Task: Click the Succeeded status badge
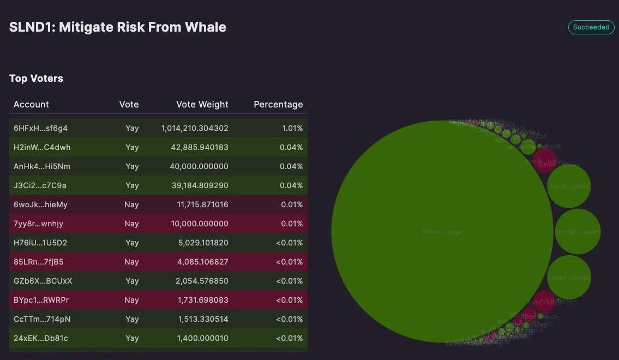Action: point(591,27)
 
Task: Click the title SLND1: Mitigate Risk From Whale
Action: point(118,27)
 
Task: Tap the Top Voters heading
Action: point(36,79)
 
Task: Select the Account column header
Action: point(31,104)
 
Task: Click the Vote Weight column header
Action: point(202,104)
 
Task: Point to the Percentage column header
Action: point(278,104)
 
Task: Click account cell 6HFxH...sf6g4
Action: point(40,128)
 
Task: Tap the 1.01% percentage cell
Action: point(292,128)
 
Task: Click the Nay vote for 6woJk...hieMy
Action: point(131,205)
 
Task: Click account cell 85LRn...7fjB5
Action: point(38,262)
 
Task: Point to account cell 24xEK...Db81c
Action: point(41,338)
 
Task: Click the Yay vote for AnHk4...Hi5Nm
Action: point(132,166)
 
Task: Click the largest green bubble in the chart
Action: point(442,232)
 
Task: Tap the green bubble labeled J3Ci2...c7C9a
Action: point(569,187)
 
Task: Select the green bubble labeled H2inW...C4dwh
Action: point(577,232)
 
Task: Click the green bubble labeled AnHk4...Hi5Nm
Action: point(569,278)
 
